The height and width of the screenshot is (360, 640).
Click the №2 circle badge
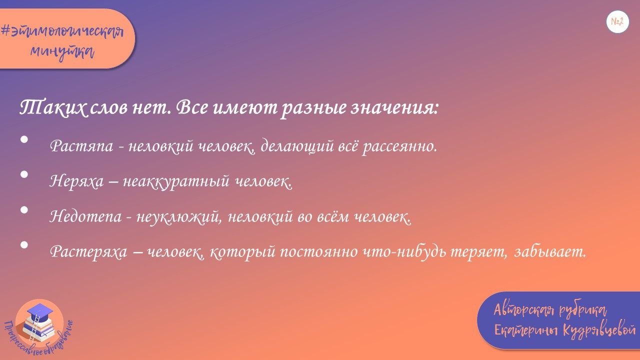[x=617, y=22]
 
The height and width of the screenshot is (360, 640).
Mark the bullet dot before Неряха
[x=24, y=175]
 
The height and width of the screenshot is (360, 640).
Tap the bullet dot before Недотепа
[x=24, y=210]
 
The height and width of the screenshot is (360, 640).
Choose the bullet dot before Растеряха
[x=24, y=245]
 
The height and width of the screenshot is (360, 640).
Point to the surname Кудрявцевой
[x=599, y=331]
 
